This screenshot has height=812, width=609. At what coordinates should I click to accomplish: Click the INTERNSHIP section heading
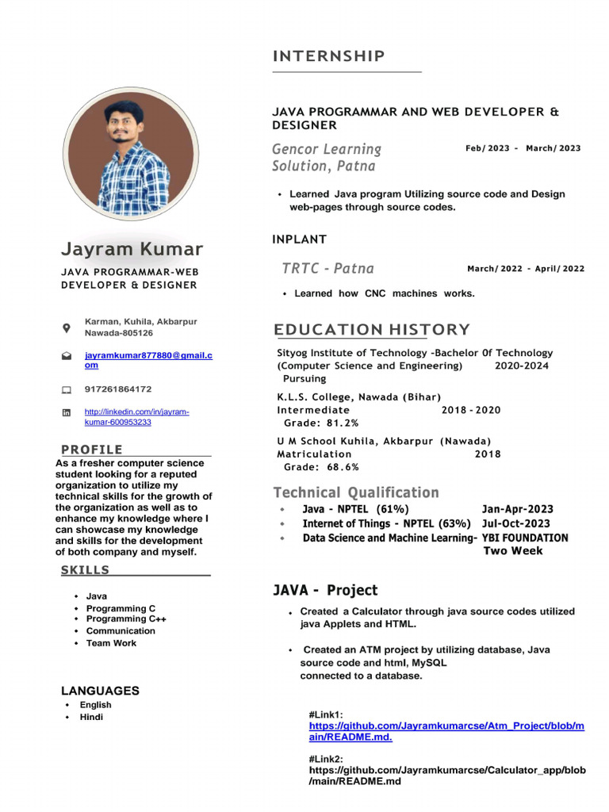point(329,56)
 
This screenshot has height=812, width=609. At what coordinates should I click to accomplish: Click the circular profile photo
point(130,153)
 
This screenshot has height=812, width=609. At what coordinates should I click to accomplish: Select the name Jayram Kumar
point(132,249)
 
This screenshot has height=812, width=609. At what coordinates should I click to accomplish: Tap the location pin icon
point(66,327)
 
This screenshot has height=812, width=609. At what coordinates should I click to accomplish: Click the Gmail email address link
point(148,361)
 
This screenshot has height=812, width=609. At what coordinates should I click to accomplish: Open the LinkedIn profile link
point(136,417)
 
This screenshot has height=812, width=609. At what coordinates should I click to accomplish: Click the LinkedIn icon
point(66,413)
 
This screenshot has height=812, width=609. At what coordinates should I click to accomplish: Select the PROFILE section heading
point(92,450)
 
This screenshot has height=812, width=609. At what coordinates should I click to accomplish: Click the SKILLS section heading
point(86,570)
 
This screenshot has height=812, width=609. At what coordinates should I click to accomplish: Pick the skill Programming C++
point(126,619)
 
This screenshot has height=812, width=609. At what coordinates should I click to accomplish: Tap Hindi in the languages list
point(91,717)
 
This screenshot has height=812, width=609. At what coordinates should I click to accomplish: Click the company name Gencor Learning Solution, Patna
point(327,158)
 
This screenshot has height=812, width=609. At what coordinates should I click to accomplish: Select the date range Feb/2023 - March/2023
point(523,148)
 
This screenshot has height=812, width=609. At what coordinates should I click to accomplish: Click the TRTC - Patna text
point(327,268)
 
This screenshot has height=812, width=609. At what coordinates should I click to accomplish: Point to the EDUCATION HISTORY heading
point(372,330)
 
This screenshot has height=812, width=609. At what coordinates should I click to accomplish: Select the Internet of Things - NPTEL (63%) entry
point(387,523)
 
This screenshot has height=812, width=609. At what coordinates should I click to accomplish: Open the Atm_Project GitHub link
point(446,731)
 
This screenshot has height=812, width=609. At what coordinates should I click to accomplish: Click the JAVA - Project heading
point(325,590)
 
